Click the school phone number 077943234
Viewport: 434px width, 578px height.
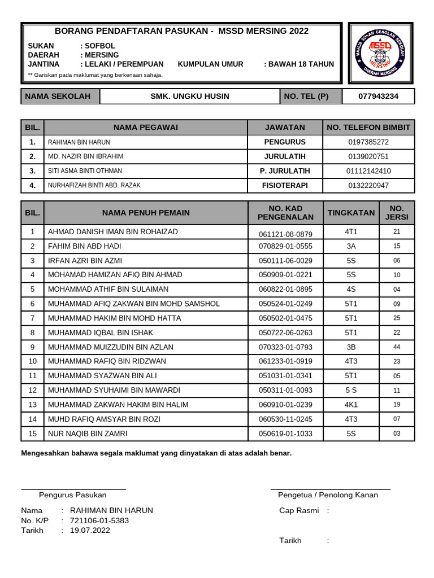click(378, 97)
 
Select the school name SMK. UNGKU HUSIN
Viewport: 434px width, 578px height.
click(189, 97)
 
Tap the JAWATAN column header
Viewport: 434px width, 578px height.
click(284, 128)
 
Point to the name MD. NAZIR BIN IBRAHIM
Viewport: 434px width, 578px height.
click(86, 156)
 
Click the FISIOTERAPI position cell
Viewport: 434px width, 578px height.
click(284, 185)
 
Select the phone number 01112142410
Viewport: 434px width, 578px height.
click(368, 171)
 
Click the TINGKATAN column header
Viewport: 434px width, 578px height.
click(351, 213)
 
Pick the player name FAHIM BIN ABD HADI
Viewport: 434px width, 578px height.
click(85, 247)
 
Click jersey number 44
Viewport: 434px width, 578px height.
click(397, 347)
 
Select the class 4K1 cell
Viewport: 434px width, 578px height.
click(351, 405)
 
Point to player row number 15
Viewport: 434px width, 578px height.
click(33, 433)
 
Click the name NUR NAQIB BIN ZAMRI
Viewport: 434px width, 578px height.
click(88, 433)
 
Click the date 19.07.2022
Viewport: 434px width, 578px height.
click(90, 531)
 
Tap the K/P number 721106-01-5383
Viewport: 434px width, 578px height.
click(99, 520)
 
